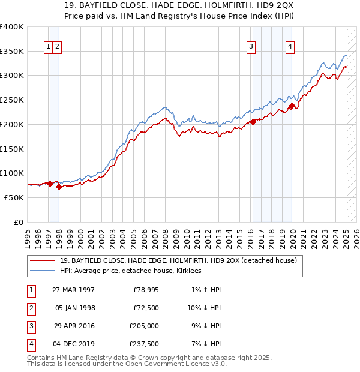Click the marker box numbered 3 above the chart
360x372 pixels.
click(251, 47)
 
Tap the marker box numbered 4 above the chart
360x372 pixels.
click(290, 47)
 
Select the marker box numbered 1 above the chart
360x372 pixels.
click(48, 47)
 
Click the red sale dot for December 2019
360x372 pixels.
click(292, 106)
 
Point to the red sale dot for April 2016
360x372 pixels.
click(253, 122)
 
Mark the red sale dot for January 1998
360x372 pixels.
click(59, 187)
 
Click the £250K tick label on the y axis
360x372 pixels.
click(12, 100)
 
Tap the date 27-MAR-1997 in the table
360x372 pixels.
click(73, 290)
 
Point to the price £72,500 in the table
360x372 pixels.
click(146, 307)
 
